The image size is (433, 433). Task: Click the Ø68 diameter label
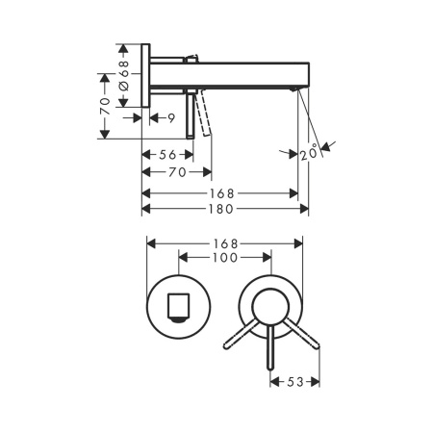click(124, 75)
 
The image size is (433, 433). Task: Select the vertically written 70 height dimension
click(105, 106)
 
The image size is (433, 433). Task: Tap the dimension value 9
click(171, 118)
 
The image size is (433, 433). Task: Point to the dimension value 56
click(167, 155)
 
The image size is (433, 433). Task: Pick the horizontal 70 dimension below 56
click(177, 172)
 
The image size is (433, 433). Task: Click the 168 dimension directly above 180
click(222, 193)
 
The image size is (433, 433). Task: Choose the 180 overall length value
click(221, 209)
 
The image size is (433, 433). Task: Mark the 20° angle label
click(309, 154)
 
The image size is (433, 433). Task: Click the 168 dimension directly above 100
click(225, 243)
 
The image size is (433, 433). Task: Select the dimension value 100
click(225, 258)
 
